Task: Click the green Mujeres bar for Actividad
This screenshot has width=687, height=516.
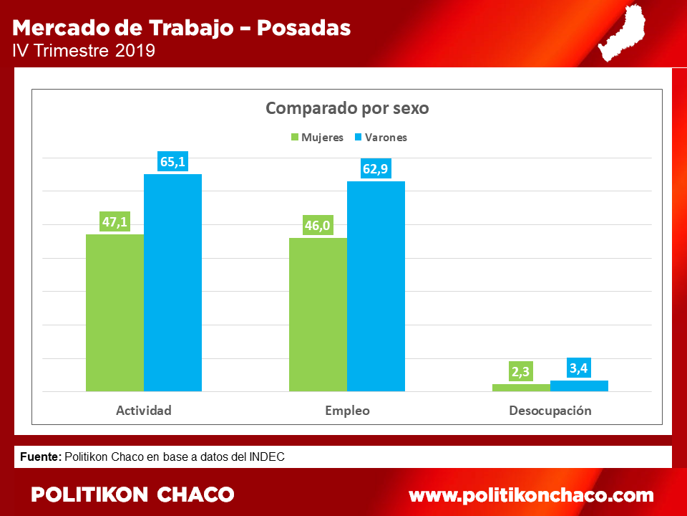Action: pyautogui.click(x=114, y=313)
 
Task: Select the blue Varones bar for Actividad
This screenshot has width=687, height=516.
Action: pyautogui.click(x=173, y=282)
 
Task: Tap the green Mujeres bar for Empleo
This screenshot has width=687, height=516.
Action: pyautogui.click(x=318, y=315)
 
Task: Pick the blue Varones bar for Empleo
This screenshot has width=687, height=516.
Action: pyautogui.click(x=376, y=286)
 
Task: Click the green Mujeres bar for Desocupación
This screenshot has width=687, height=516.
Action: pyautogui.click(x=522, y=388)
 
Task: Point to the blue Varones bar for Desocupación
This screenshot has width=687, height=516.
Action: pyautogui.click(x=579, y=386)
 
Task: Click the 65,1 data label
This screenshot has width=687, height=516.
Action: pyautogui.click(x=172, y=161)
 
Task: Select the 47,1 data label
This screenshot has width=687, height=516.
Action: pyautogui.click(x=114, y=221)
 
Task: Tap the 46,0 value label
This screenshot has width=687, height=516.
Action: pyautogui.click(x=318, y=225)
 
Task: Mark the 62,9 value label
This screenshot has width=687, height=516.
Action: pyautogui.click(x=376, y=168)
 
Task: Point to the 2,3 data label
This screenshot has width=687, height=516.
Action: pyautogui.click(x=521, y=372)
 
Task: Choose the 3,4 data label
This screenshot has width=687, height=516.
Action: pyautogui.click(x=579, y=368)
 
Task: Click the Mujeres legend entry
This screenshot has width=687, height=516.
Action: pyautogui.click(x=318, y=138)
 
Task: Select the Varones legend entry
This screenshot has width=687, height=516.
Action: pyautogui.click(x=381, y=138)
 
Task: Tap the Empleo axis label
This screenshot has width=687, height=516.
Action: pyautogui.click(x=348, y=411)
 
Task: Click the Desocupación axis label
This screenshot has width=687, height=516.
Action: pyautogui.click(x=550, y=411)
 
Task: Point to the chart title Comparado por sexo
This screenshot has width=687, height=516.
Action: pyautogui.click(x=348, y=108)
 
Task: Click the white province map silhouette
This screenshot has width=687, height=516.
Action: pyautogui.click(x=622, y=33)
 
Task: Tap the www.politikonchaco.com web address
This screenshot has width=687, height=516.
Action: pyautogui.click(x=531, y=495)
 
